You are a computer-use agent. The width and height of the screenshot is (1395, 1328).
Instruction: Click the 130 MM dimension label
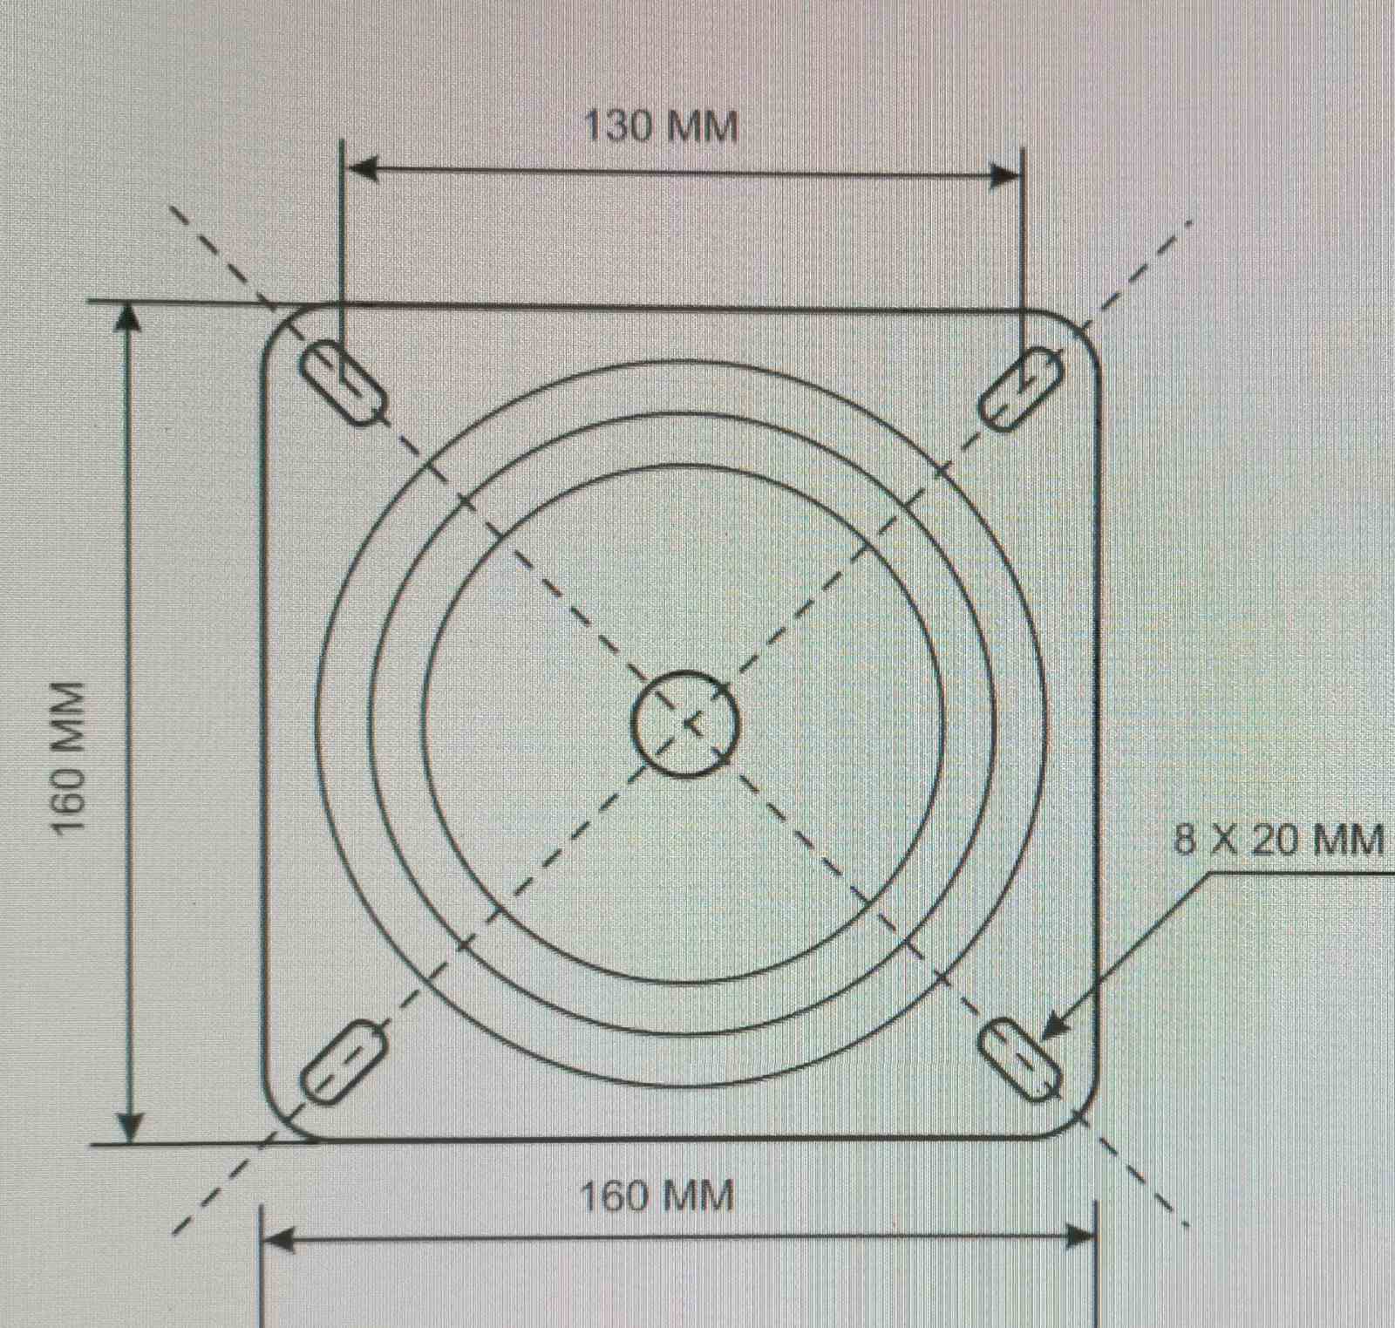660,126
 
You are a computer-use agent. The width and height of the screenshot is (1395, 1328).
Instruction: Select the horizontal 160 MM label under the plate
657,1195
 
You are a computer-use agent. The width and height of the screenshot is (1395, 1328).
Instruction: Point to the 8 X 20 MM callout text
1279,839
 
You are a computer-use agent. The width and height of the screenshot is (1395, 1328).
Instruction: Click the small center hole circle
685,723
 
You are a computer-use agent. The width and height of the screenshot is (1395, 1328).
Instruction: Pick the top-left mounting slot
345,384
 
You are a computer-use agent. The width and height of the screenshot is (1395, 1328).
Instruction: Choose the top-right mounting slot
1020,387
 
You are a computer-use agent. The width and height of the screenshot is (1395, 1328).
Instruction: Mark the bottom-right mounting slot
1020,1060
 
